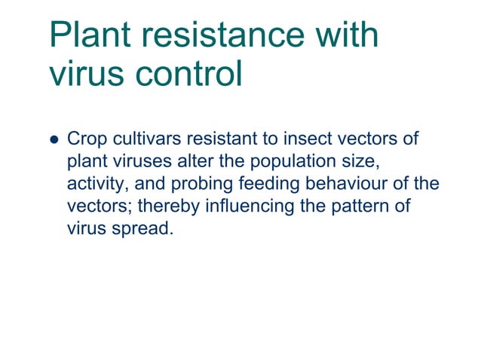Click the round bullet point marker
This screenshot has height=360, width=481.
(53, 140)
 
